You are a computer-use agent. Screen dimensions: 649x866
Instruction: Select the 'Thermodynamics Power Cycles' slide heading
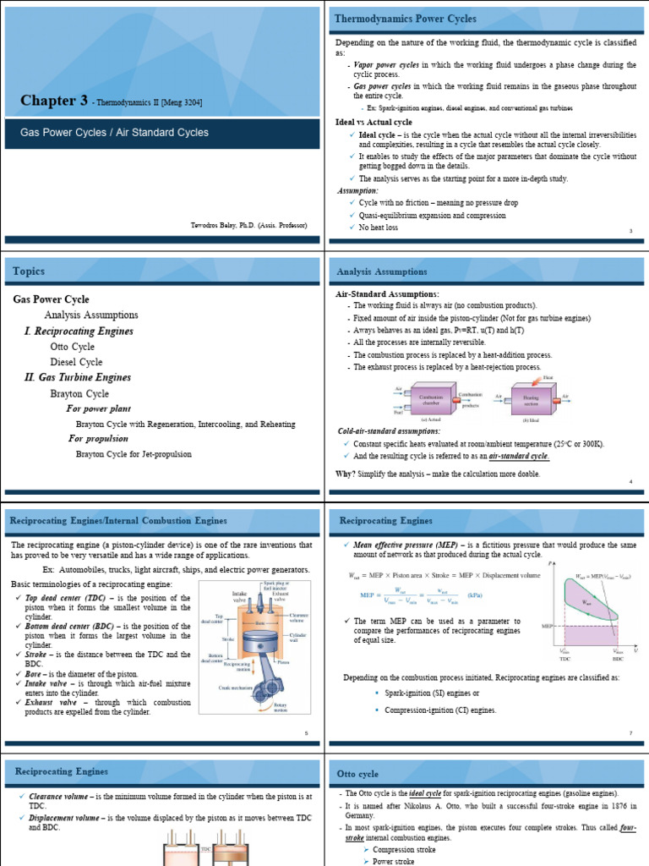click(x=406, y=19)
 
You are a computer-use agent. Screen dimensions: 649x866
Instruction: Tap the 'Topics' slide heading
click(x=29, y=271)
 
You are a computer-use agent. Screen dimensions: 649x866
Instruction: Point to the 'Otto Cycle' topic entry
click(x=72, y=347)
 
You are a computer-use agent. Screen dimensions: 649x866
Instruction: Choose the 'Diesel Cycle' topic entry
click(x=76, y=362)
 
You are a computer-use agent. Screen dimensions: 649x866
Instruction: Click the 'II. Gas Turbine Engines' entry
click(x=78, y=378)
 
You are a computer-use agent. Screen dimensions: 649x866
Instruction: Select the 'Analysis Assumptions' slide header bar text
click(x=381, y=271)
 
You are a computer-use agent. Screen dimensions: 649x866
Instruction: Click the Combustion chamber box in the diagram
click(x=432, y=397)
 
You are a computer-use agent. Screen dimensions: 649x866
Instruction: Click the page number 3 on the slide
click(x=630, y=231)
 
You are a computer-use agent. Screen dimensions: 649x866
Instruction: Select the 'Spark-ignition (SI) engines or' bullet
click(x=432, y=693)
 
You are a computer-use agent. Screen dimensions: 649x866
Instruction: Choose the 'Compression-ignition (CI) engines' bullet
click(x=440, y=710)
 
